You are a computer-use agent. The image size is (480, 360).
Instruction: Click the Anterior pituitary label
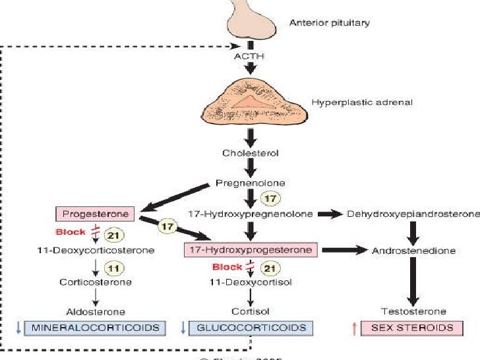[330, 23]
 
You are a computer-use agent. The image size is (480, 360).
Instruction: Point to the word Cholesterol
[251, 153]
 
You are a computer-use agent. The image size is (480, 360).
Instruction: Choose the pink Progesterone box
[95, 214]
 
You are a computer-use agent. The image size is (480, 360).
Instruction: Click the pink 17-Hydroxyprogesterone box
[251, 250]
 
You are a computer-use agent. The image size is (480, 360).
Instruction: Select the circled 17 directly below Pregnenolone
[269, 198]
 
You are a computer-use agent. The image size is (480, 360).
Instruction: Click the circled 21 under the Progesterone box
[115, 234]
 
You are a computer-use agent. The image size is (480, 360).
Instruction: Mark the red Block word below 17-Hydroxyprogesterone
[227, 267]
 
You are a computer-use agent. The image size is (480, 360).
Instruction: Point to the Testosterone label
[413, 311]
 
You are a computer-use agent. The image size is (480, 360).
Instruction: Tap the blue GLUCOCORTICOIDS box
[251, 328]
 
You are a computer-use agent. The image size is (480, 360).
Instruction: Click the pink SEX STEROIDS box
[412, 328]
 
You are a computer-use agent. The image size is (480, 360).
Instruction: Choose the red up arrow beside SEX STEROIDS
[354, 328]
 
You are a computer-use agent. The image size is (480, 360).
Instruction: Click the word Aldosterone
[96, 311]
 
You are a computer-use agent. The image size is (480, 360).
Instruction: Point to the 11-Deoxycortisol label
[251, 282]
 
